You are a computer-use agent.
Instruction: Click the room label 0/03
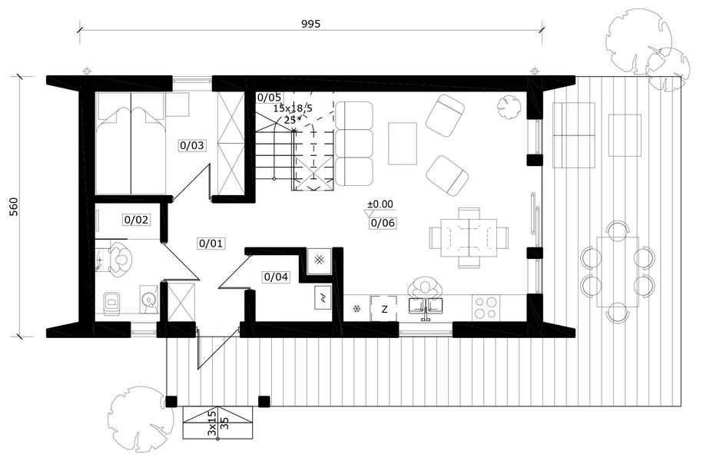pyautogui.click(x=192, y=145)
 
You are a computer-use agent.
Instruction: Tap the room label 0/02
pyautogui.click(x=136, y=221)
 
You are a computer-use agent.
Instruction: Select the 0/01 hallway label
pyautogui.click(x=211, y=244)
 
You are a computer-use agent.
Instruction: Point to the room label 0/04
pyautogui.click(x=276, y=277)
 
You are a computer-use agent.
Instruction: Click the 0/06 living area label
pyautogui.click(x=383, y=223)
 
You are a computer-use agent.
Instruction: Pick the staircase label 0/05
pyautogui.click(x=269, y=98)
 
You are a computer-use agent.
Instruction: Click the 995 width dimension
pyautogui.click(x=310, y=25)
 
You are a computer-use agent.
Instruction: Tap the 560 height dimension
pyautogui.click(x=14, y=206)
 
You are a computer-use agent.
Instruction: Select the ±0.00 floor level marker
pyautogui.click(x=380, y=204)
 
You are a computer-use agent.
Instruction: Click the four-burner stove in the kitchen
pyautogui.click(x=486, y=307)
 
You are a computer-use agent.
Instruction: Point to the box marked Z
pyautogui.click(x=384, y=309)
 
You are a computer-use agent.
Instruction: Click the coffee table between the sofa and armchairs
pyautogui.click(x=403, y=144)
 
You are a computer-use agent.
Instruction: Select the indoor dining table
pyautogui.click(x=469, y=237)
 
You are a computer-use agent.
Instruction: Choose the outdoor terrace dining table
pyautogui.click(x=618, y=272)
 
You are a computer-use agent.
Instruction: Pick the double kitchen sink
pyautogui.click(x=425, y=305)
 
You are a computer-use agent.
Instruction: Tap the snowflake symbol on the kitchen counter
pyautogui.click(x=357, y=309)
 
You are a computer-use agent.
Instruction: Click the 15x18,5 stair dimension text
pyautogui.click(x=292, y=108)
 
